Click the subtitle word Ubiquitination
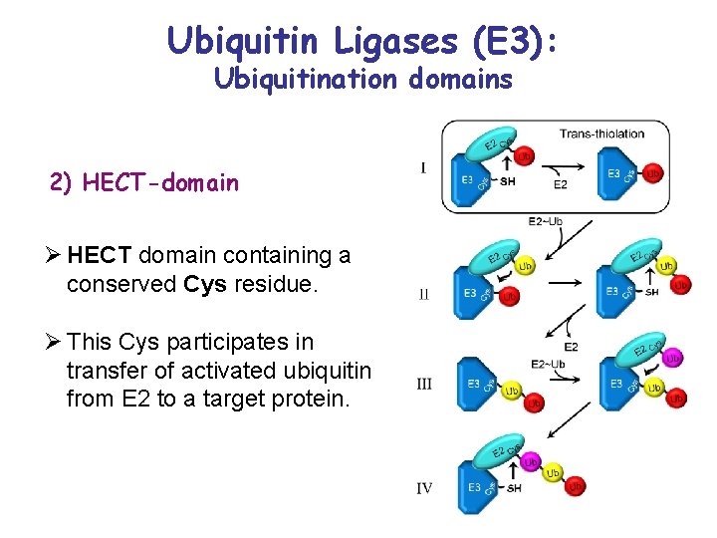(x=298, y=79)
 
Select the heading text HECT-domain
(x=160, y=182)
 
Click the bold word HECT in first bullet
(x=100, y=256)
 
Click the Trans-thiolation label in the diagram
(x=601, y=134)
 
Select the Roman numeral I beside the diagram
(x=423, y=168)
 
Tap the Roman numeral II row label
(x=424, y=295)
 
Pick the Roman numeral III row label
(x=424, y=385)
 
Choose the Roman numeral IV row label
(x=424, y=487)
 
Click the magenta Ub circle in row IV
(x=531, y=462)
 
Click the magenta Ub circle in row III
(x=673, y=358)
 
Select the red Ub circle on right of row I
(x=653, y=173)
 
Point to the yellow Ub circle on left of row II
(x=525, y=266)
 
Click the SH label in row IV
(x=514, y=488)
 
